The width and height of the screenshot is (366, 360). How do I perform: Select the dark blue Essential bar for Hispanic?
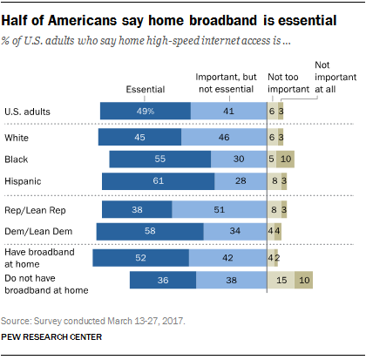[x=158, y=180]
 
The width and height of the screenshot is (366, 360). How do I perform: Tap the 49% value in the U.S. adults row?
[x=145, y=111]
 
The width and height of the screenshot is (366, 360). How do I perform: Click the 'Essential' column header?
[x=145, y=89]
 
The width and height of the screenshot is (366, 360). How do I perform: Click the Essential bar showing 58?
[x=149, y=231]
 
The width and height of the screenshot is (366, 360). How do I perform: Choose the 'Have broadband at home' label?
[x=37, y=257]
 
